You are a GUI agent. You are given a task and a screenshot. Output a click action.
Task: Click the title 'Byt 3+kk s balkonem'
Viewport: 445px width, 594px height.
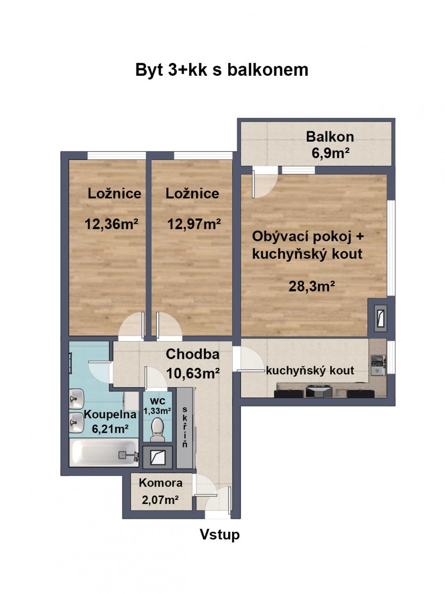pyautogui.click(x=222, y=70)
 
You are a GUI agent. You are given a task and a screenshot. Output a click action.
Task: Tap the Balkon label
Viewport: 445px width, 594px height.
pyautogui.click(x=330, y=137)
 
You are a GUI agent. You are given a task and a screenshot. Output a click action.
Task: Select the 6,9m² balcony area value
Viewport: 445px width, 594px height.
pyautogui.click(x=331, y=153)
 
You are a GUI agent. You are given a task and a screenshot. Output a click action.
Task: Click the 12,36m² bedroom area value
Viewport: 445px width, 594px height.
pyautogui.click(x=111, y=224)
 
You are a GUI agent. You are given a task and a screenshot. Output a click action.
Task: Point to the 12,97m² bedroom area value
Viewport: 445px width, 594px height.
pyautogui.click(x=194, y=224)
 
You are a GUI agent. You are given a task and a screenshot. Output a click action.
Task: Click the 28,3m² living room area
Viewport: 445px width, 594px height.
pyautogui.click(x=312, y=286)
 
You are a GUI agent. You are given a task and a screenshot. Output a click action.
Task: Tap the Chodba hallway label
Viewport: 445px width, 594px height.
pyautogui.click(x=193, y=354)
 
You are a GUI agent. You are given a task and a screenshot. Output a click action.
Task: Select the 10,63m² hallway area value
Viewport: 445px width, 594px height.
pyautogui.click(x=193, y=374)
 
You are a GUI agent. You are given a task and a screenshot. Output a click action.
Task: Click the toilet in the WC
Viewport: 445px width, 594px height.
pyautogui.click(x=158, y=430)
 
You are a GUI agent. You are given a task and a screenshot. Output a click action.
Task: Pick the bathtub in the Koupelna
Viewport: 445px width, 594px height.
pyautogui.click(x=104, y=452)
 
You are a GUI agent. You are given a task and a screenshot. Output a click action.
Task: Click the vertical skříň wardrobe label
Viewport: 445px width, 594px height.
pyautogui.click(x=185, y=427)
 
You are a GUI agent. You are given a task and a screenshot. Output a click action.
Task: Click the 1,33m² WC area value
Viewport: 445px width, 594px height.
pyautogui.click(x=157, y=411)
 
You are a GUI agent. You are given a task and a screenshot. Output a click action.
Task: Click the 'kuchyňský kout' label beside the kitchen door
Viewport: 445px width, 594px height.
pyautogui.click(x=310, y=370)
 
